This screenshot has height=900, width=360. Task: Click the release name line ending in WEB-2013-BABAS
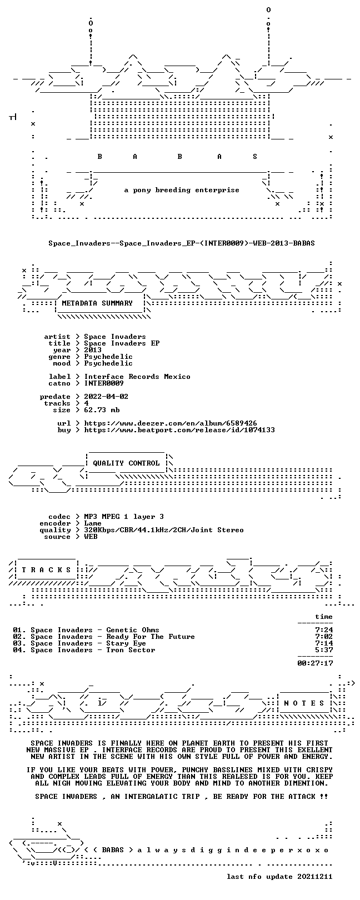tap(182, 243)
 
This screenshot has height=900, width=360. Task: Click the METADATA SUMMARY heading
tap(97, 303)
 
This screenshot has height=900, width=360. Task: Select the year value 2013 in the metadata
tap(93, 350)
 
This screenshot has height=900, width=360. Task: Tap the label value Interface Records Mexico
tap(137, 377)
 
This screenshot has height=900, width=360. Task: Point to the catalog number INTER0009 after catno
tap(104, 383)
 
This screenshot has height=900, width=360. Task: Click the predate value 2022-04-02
tap(106, 397)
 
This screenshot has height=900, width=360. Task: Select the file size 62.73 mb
tap(102, 410)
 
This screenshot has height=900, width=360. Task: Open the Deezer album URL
tap(171, 423)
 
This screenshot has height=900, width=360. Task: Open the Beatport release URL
tap(179, 430)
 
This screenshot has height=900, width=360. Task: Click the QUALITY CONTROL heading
tap(126, 463)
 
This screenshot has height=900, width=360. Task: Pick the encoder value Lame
tap(93, 523)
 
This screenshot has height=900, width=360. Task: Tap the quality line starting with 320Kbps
tap(163, 530)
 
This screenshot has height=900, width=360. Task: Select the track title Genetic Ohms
tap(133, 630)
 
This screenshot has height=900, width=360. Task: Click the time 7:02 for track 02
tap(324, 637)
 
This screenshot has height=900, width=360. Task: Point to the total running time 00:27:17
tap(315, 663)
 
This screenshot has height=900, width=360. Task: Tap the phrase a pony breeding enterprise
tap(182, 190)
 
